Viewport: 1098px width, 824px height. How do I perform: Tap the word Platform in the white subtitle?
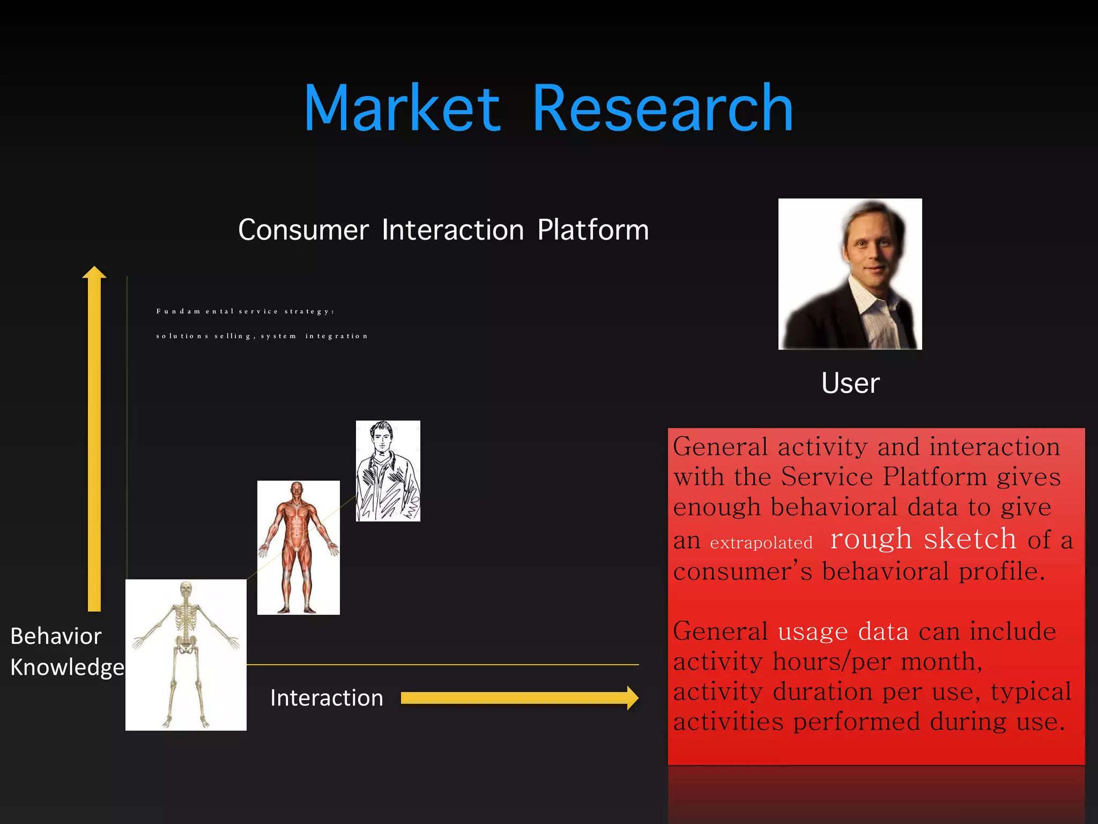(593, 230)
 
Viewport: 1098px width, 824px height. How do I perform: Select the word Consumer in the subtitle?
(303, 230)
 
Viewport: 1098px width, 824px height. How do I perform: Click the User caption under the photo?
(850, 383)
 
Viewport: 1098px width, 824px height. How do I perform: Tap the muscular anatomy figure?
(298, 547)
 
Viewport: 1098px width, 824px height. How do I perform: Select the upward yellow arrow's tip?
(94, 271)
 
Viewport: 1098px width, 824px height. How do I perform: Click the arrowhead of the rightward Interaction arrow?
(632, 698)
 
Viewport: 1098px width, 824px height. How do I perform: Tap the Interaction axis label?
(327, 698)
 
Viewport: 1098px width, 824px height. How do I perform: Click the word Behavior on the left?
(56, 636)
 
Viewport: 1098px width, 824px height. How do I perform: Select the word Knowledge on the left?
(67, 667)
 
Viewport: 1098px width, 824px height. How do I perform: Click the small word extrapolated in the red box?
(761, 543)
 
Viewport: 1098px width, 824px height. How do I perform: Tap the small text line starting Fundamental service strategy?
(245, 311)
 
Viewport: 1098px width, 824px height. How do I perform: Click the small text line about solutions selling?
(262, 336)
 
